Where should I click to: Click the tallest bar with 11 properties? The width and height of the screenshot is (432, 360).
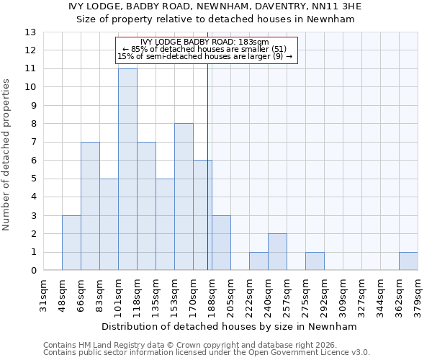[127, 169]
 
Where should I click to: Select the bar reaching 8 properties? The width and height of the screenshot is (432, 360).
[184, 197]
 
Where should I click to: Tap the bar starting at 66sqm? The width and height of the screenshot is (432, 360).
[90, 206]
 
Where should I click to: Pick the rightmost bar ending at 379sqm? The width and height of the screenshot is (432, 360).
[408, 261]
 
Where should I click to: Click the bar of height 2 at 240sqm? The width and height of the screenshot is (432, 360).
[277, 252]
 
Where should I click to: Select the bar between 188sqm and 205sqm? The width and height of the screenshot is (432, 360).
[221, 243]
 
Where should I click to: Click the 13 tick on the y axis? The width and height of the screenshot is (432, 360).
[30, 32]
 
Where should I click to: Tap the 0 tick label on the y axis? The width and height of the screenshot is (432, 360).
[33, 271]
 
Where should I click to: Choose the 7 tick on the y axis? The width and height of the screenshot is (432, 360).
[33, 143]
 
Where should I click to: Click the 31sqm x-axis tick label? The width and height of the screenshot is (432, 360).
[43, 296]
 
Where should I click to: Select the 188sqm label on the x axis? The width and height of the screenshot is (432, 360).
[212, 296]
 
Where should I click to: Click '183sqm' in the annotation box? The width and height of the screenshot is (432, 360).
[252, 42]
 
